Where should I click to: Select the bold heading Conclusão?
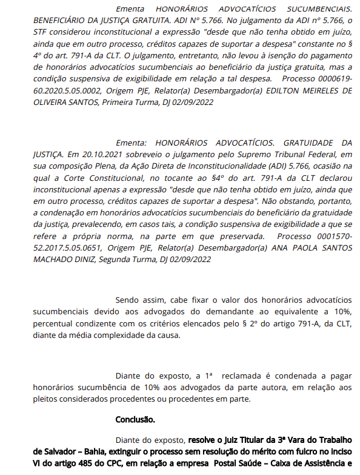135,419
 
